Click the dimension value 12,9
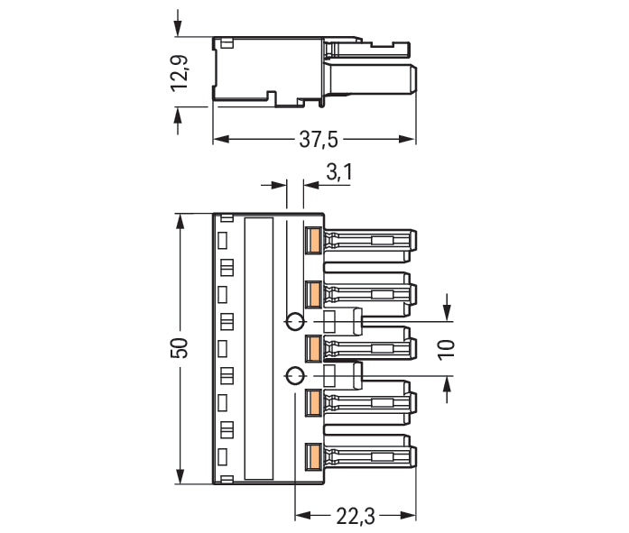coord(180,73)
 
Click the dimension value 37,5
coord(319,140)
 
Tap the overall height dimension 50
coord(180,348)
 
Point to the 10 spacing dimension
coord(446,348)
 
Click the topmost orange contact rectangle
coord(313,240)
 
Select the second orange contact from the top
coord(313,294)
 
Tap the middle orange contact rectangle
coord(313,348)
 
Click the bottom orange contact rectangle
coord(313,456)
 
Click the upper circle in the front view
coord(294,321)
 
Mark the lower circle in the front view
coord(294,375)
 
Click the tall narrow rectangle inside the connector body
coord(259,348)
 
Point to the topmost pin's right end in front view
coord(413,241)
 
